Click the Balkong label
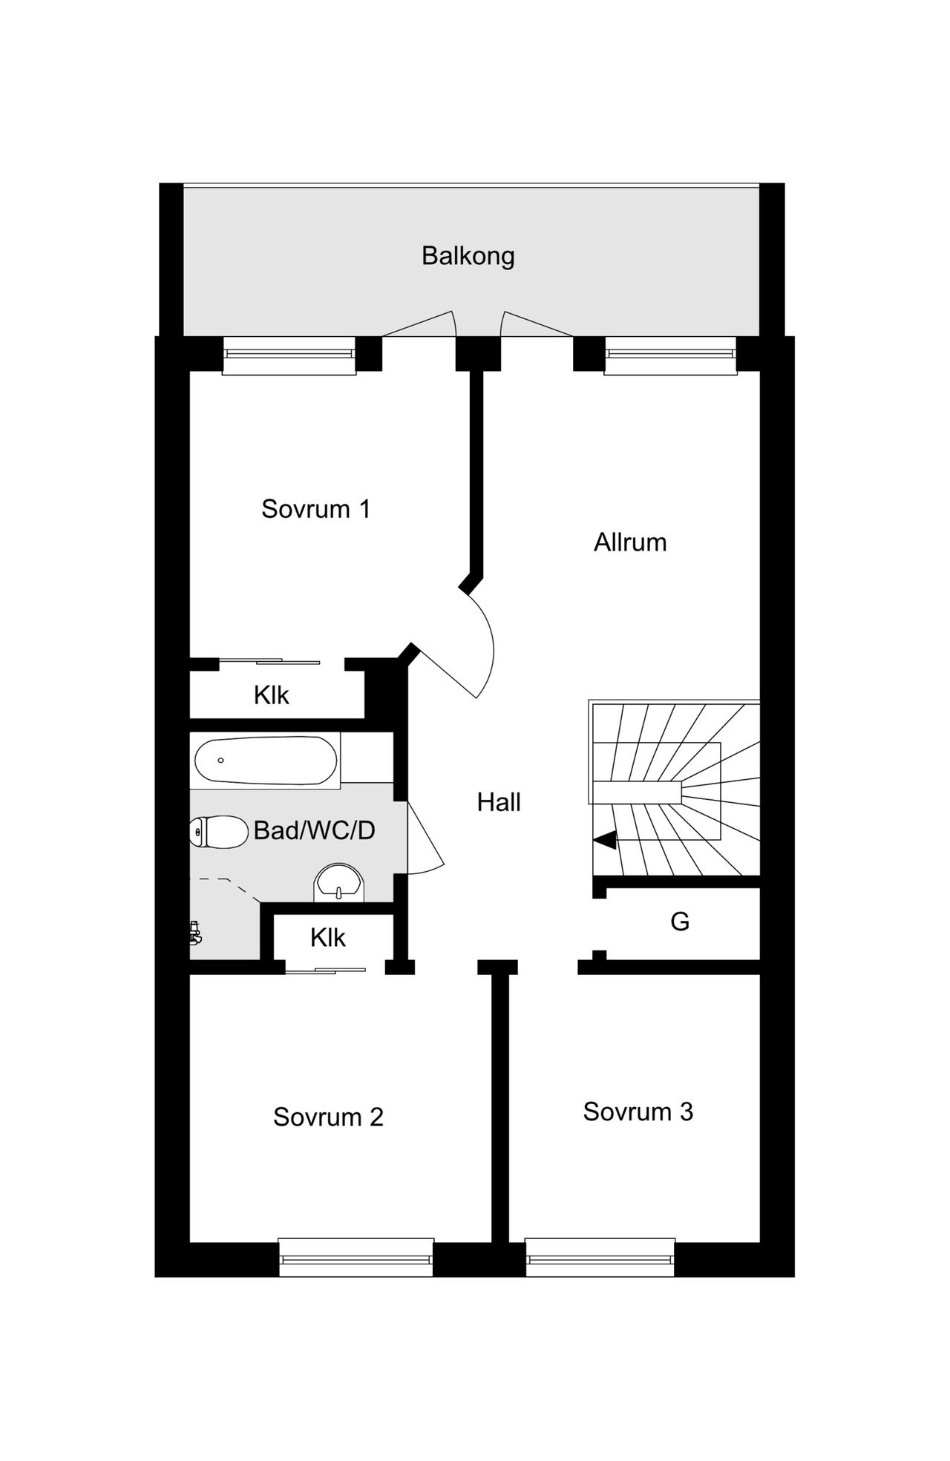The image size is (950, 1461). [x=468, y=256]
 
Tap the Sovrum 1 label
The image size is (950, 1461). [x=315, y=509]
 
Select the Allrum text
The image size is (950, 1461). [x=629, y=542]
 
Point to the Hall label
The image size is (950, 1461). [x=498, y=802]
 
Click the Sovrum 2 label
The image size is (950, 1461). [x=328, y=1117]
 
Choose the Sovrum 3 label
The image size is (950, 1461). [x=638, y=1112]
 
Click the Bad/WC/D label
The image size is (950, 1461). [x=314, y=830]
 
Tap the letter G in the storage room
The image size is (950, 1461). [x=679, y=922]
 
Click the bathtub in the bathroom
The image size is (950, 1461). [x=265, y=761]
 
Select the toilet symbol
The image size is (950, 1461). [x=218, y=832]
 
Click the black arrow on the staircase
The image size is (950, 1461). [x=605, y=840]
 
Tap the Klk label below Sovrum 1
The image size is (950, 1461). [x=271, y=695]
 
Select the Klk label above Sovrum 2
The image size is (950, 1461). [x=327, y=938]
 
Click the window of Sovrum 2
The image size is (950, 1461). [x=356, y=1259]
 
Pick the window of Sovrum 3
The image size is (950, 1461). [x=600, y=1259]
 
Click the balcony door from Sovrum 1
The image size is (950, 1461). [x=419, y=325]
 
